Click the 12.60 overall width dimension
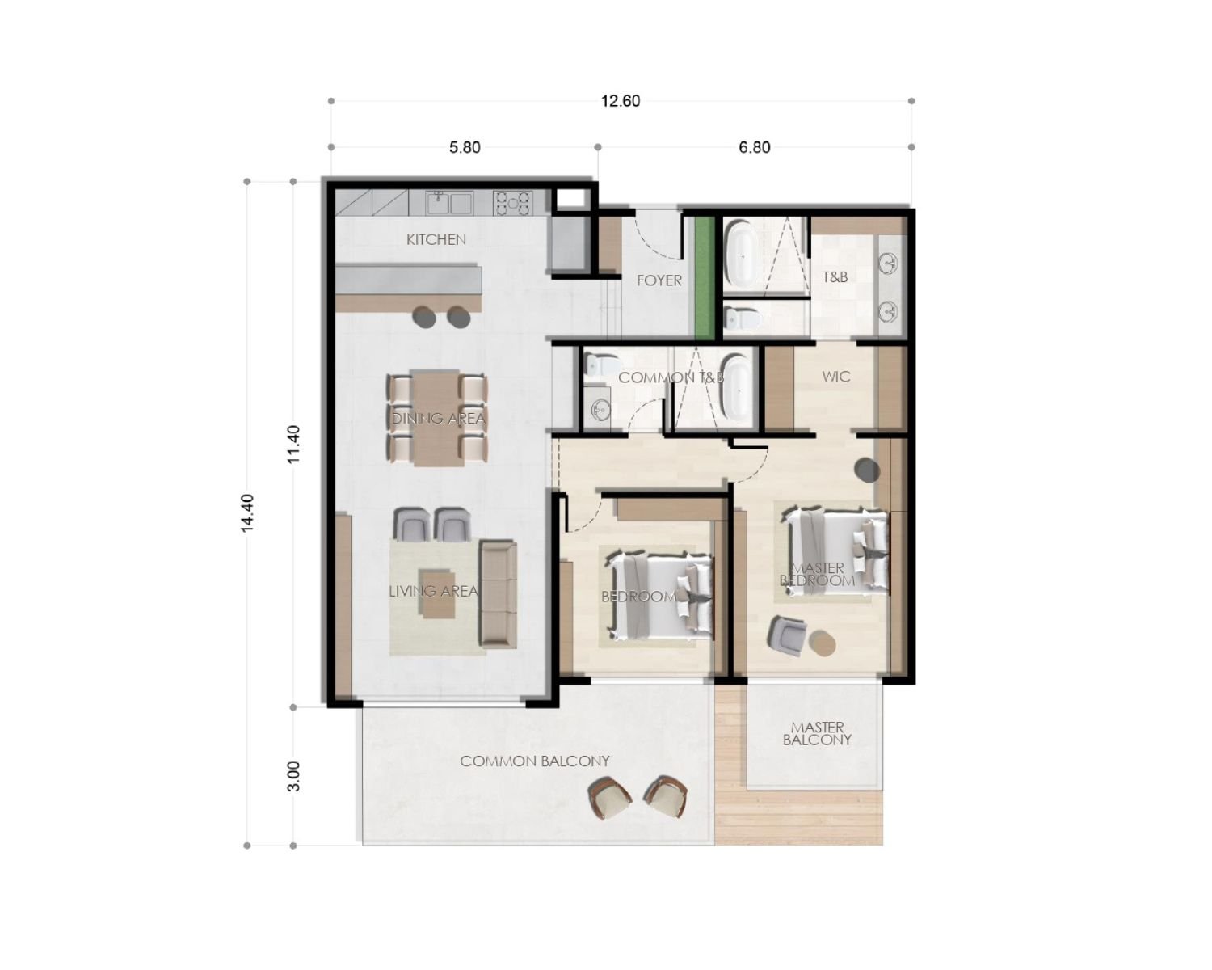[621, 101]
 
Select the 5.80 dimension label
[465, 147]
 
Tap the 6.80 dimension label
[754, 147]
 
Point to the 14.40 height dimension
[247, 512]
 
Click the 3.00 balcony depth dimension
[294, 776]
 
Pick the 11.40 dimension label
[294, 444]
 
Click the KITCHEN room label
[436, 239]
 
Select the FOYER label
[659, 280]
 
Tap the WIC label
[835, 377]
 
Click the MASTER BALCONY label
[817, 733]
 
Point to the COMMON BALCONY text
[535, 761]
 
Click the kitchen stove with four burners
[512, 202]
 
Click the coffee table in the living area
[437, 609]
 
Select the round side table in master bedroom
[823, 643]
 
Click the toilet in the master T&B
[741, 321]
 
